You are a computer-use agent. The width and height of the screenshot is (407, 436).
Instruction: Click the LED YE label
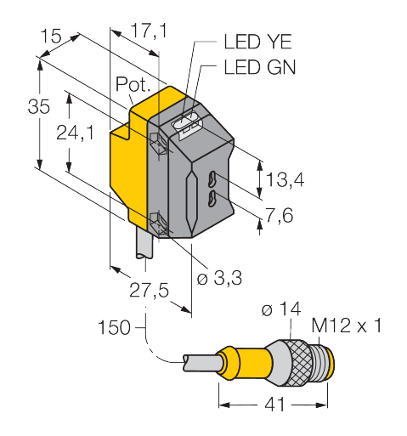(259, 42)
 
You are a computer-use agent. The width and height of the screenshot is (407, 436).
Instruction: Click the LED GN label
(259, 67)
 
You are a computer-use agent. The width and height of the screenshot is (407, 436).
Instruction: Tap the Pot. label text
(133, 85)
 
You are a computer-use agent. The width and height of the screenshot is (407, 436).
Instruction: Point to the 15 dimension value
(52, 37)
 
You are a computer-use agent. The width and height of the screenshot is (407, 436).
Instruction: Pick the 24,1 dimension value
(82, 133)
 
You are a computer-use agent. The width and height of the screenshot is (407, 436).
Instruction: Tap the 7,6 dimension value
(280, 216)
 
